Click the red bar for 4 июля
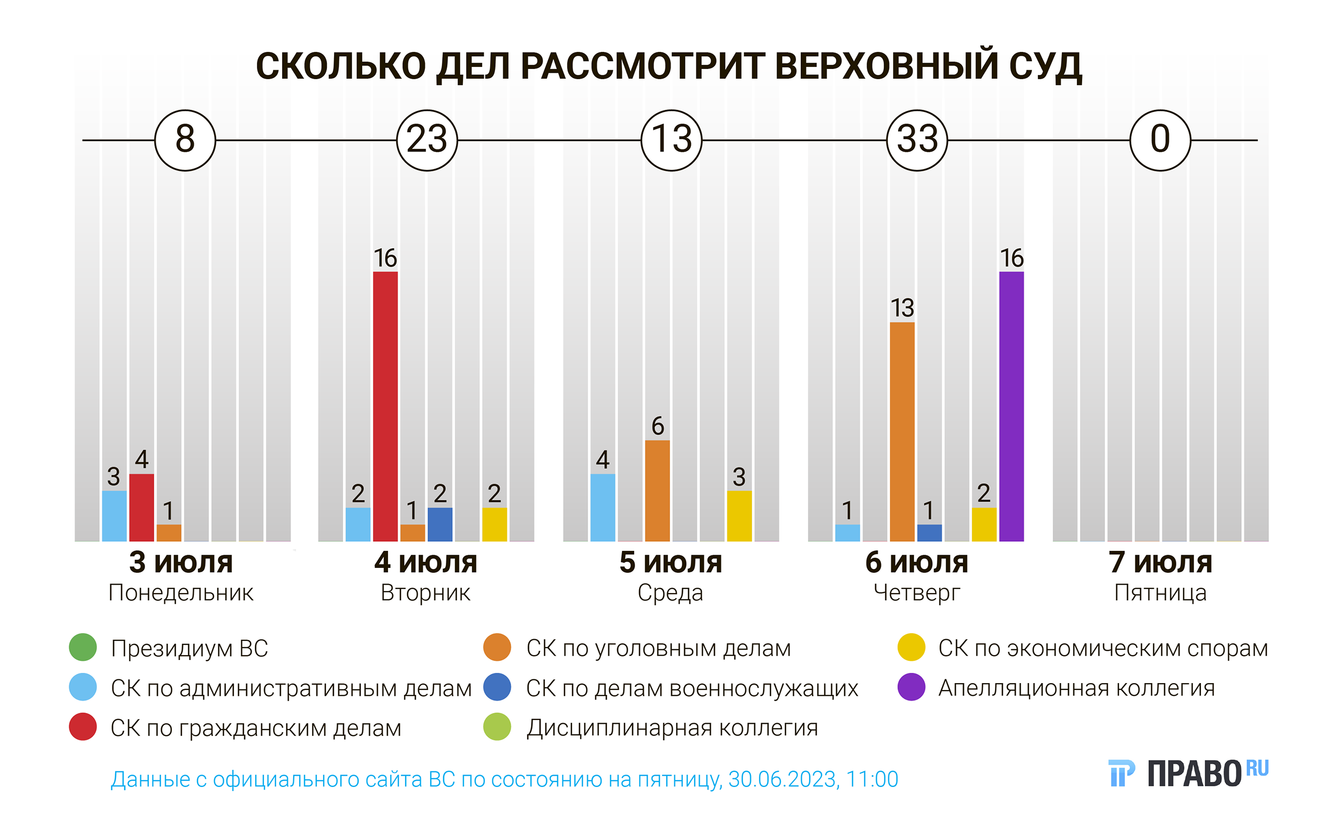click(x=385, y=406)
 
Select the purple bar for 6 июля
click(x=1011, y=406)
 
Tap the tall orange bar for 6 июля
click(x=902, y=431)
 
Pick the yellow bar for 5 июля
click(x=739, y=515)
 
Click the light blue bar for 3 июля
click(x=114, y=515)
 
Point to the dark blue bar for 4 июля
click(x=439, y=524)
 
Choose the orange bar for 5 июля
click(x=657, y=490)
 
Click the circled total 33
click(x=917, y=140)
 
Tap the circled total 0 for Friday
click(x=1160, y=140)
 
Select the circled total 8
click(x=185, y=140)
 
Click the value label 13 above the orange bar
click(x=902, y=308)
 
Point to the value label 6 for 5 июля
click(x=657, y=426)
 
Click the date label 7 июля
click(x=1160, y=563)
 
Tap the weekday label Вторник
click(x=425, y=593)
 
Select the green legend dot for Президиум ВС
click(x=83, y=648)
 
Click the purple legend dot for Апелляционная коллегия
click(x=911, y=687)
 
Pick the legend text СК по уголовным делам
click(x=658, y=648)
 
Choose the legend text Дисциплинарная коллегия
click(x=672, y=728)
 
